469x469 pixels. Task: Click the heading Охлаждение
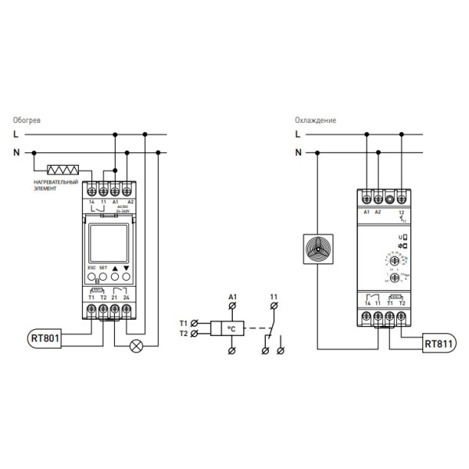tap(315, 121)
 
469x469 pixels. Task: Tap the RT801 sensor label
tap(46, 339)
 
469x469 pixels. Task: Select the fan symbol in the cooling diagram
tap(317, 249)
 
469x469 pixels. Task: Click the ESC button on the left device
tap(91, 277)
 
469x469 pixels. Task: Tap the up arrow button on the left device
tap(115, 277)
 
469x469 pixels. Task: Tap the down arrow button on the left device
tap(127, 277)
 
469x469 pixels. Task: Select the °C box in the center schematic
tap(231, 329)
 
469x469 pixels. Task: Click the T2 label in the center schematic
tap(184, 334)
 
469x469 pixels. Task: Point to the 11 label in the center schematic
tap(273, 297)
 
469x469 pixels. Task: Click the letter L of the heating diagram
tap(16, 134)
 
